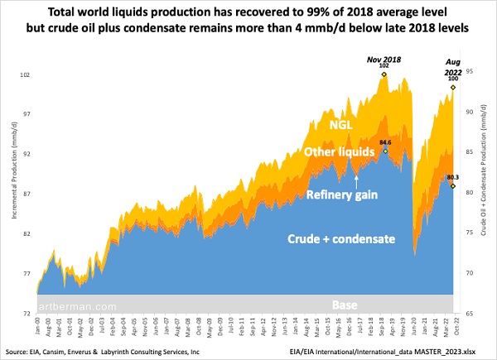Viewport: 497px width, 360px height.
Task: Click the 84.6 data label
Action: click(385, 142)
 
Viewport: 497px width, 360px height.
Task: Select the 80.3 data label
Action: click(452, 177)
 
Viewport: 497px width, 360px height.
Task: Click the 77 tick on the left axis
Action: click(26, 274)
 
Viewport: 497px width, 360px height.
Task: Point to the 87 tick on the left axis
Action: click(26, 194)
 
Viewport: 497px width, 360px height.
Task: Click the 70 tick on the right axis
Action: click(470, 273)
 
